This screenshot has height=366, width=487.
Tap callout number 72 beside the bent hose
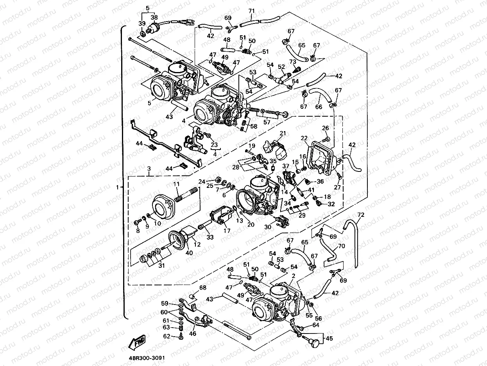coord(360,215)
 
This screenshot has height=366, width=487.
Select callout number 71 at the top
coord(252,11)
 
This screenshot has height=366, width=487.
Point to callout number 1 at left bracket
coord(117,188)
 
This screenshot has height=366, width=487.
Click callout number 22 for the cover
coord(304,138)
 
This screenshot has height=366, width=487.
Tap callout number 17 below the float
coord(227,231)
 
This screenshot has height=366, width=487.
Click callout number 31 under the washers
coord(161,266)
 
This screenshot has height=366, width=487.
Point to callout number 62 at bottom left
coord(167,336)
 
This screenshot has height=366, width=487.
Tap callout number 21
coord(283,133)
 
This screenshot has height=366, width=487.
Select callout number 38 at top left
coord(154,18)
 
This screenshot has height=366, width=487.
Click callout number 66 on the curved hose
coord(318,106)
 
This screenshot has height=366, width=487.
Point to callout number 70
coord(342,247)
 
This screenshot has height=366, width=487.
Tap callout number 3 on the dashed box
coord(149,168)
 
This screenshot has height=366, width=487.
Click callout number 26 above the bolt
coord(326,128)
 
